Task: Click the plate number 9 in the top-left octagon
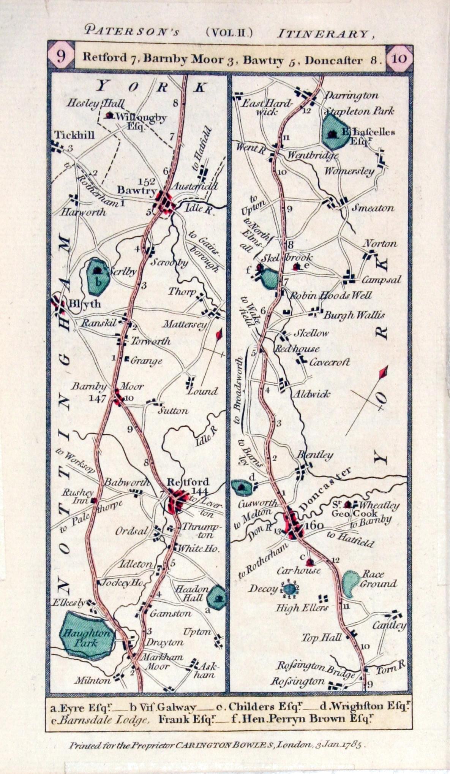61,57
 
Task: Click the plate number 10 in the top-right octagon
398,59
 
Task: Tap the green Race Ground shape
350,584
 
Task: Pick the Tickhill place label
74,136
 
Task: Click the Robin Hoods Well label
331,295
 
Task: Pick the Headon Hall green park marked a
216,598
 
